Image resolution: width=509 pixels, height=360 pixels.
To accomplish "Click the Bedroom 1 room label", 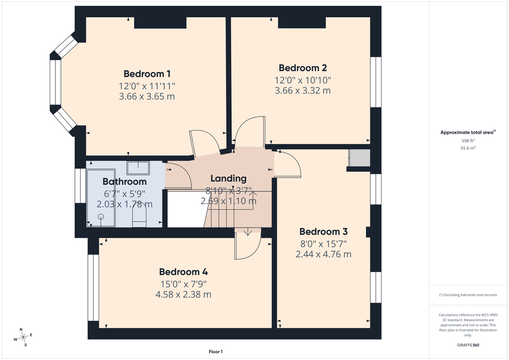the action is (147, 74).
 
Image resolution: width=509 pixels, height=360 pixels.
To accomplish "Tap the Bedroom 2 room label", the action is (303, 68).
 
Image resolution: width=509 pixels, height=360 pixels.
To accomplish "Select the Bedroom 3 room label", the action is (323, 232).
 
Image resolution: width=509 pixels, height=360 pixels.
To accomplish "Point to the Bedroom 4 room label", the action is (183, 272).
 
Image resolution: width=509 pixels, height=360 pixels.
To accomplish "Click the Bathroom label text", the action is (125, 182).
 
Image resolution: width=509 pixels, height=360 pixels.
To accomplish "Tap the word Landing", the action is (228, 179).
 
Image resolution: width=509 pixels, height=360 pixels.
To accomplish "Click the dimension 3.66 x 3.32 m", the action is (303, 91).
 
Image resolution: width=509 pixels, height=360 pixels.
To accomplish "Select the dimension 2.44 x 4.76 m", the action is (323, 254).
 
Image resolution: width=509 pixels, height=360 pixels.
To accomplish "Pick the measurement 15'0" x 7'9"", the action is (183, 284).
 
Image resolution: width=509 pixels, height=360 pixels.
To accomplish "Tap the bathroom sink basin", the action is (138, 168).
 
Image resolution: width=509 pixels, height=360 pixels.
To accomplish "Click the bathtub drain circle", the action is (101, 217).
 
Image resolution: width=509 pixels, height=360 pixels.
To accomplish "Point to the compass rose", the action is (23, 337).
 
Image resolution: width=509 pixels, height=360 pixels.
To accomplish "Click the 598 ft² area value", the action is (468, 141).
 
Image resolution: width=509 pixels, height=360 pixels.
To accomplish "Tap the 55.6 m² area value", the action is (468, 148).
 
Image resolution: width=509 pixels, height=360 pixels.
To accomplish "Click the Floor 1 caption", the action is (216, 352).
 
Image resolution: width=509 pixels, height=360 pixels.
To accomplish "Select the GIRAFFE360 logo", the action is (468, 345).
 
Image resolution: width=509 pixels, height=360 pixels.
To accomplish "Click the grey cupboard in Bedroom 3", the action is (360, 158).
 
